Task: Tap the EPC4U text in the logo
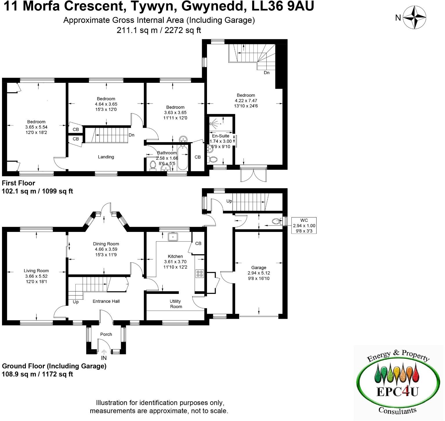pos(397,391)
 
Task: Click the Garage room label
pos(259,268)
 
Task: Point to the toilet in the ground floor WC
pos(276,222)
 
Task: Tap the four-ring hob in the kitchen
pos(200,273)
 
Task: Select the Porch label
pos(106,334)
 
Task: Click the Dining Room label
pos(106,244)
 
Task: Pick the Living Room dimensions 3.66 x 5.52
pos(36,276)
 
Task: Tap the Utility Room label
pos(176,304)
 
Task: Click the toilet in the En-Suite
pos(213,159)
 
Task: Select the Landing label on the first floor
pos(106,157)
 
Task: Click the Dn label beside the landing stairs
pos(131,135)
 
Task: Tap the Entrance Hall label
pos(106,301)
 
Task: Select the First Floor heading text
pos(19,183)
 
